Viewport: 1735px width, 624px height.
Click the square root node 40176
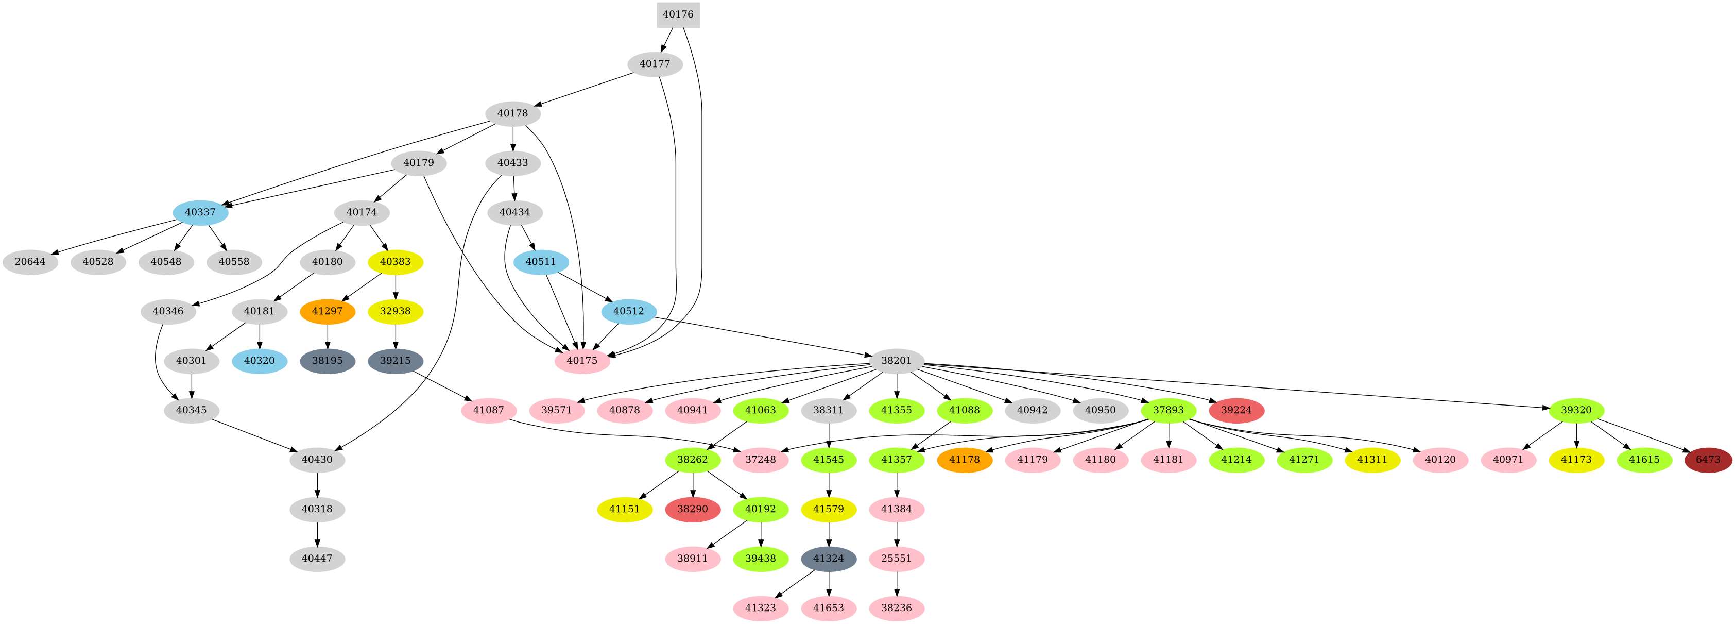(x=678, y=14)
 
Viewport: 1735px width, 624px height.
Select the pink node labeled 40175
(x=582, y=361)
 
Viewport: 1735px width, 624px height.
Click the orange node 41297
(x=328, y=311)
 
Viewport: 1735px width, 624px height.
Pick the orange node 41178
(x=964, y=460)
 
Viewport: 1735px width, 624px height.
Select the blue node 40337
(x=200, y=212)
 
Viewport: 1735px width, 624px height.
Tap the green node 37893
(x=1168, y=410)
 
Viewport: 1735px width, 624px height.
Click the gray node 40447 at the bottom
(x=317, y=559)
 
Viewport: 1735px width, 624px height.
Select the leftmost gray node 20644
(x=30, y=261)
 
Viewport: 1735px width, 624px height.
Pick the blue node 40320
(x=260, y=361)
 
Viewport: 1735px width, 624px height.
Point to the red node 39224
(x=1236, y=410)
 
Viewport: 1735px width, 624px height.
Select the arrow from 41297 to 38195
(x=328, y=335)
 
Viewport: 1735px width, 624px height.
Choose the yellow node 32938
(x=396, y=311)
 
